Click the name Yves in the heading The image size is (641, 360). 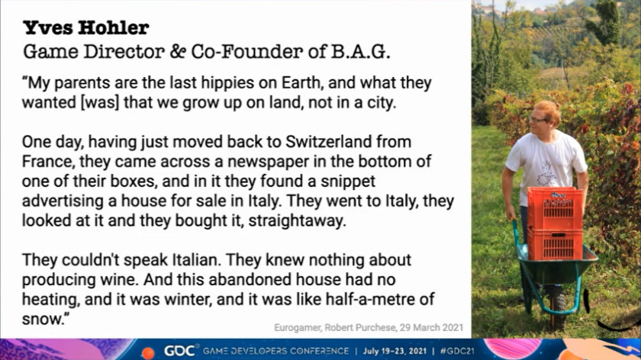[47, 27]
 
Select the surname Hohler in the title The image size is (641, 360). [113, 27]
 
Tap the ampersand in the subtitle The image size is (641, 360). [178, 52]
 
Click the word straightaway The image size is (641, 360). [297, 221]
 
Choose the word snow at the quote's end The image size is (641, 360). [41, 319]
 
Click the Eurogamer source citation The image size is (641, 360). [369, 328]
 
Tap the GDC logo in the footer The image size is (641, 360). [179, 351]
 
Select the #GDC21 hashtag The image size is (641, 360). [457, 351]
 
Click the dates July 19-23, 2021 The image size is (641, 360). [395, 351]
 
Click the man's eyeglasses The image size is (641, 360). [538, 120]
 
